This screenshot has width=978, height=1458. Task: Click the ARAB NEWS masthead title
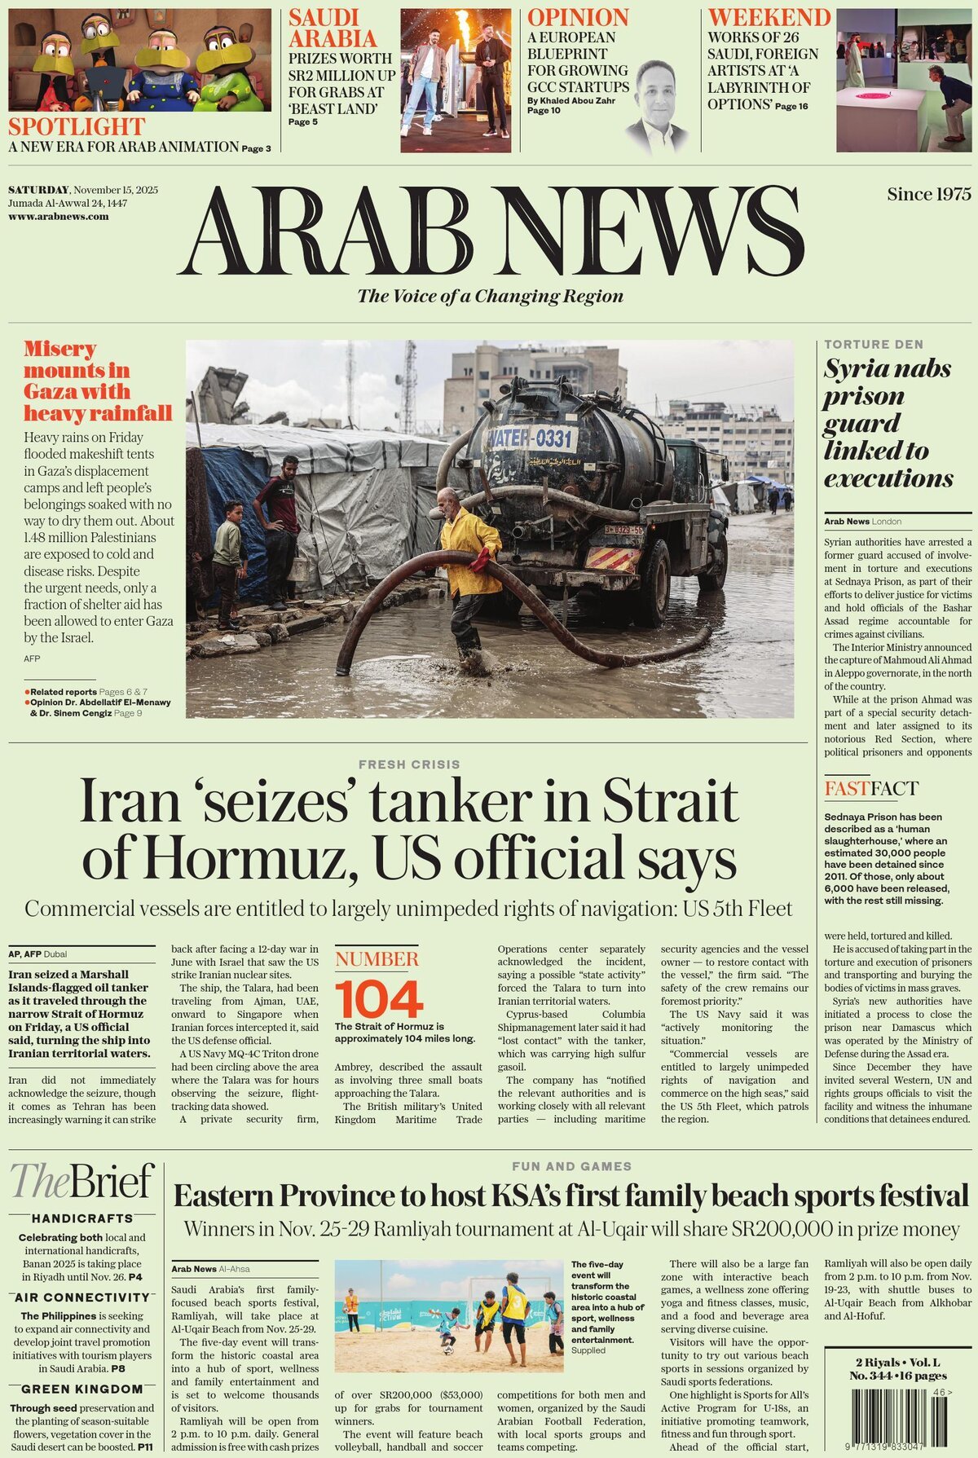coord(491,231)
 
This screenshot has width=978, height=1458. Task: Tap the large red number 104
coord(379,999)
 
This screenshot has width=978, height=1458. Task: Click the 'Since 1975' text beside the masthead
coord(929,194)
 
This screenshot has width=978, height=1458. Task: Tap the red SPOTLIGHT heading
coord(77,127)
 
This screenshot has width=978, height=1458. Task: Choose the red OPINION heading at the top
coord(578,17)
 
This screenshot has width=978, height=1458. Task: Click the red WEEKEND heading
coord(769,17)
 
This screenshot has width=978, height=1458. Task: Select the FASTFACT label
coord(871,788)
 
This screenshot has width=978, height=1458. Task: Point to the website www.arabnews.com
coord(59,217)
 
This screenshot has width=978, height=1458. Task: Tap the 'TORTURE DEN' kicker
coord(874,345)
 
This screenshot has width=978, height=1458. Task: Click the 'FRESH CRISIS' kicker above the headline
coord(409,764)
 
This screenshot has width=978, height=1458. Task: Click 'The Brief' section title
coord(81,1181)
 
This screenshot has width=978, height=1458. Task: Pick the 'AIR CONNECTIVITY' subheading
coord(82,1297)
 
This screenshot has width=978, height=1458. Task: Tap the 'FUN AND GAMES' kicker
coord(571,1166)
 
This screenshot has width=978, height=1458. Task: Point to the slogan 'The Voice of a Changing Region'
coord(491,296)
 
